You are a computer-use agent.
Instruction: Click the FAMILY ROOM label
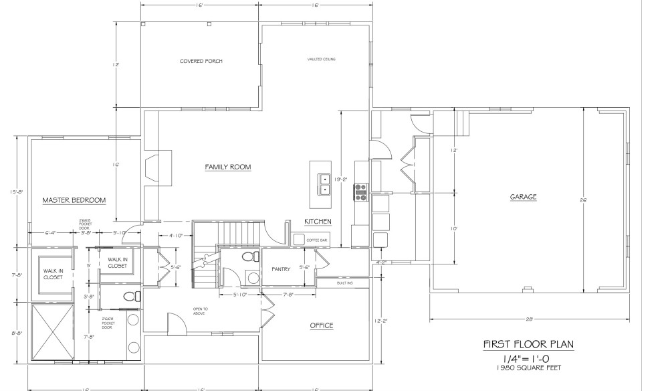[x=227, y=167]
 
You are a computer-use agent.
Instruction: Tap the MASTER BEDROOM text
[x=74, y=200]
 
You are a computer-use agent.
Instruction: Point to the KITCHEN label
[x=318, y=222]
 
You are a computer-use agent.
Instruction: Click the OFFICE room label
[x=321, y=325]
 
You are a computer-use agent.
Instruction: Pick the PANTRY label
[x=280, y=270]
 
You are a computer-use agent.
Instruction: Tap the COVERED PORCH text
[x=201, y=61]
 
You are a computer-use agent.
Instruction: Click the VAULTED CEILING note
[x=321, y=60]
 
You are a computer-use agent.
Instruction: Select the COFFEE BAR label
[x=316, y=240]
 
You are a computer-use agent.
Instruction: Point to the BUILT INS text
[x=345, y=283]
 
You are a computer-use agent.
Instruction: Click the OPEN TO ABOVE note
[x=201, y=311]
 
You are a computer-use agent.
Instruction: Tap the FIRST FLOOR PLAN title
[x=528, y=345]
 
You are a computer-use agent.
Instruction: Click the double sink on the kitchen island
[x=325, y=184]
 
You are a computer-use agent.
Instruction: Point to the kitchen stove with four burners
[x=362, y=192]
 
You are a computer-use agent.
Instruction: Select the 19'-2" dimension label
[x=342, y=179]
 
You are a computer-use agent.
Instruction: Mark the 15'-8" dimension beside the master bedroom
[x=17, y=191]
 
